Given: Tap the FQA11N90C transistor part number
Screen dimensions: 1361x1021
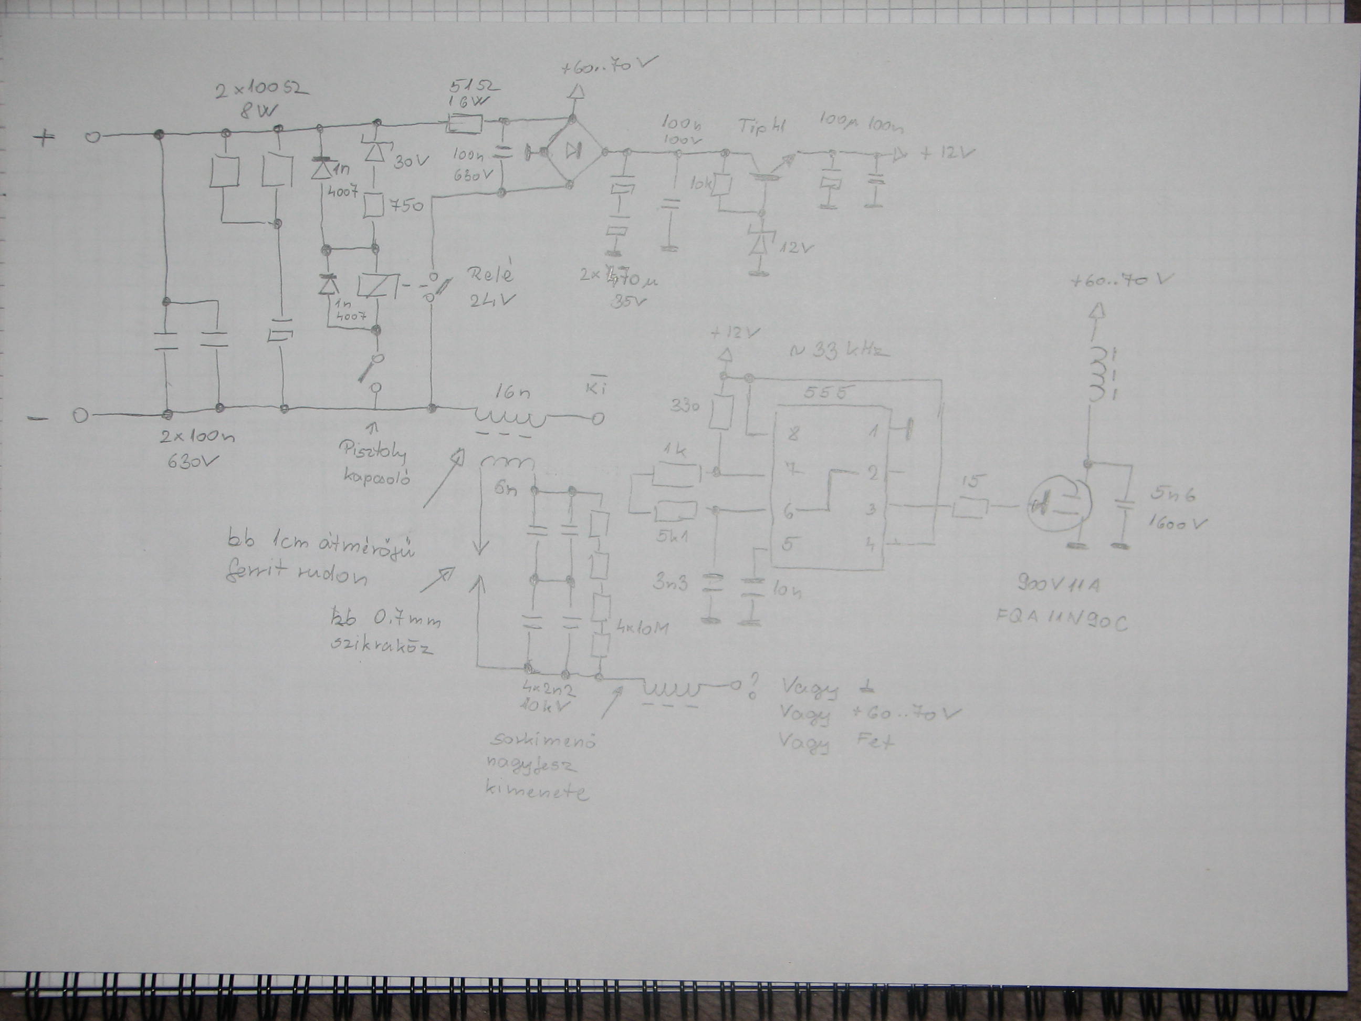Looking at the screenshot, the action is (x=1061, y=622).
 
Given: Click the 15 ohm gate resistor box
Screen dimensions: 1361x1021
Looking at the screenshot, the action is (x=970, y=508).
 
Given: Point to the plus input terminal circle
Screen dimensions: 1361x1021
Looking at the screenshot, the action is (x=92, y=137).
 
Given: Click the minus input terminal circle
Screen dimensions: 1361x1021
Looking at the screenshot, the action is (x=79, y=416).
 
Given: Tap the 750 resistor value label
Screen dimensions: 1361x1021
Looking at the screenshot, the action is (x=405, y=206).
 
